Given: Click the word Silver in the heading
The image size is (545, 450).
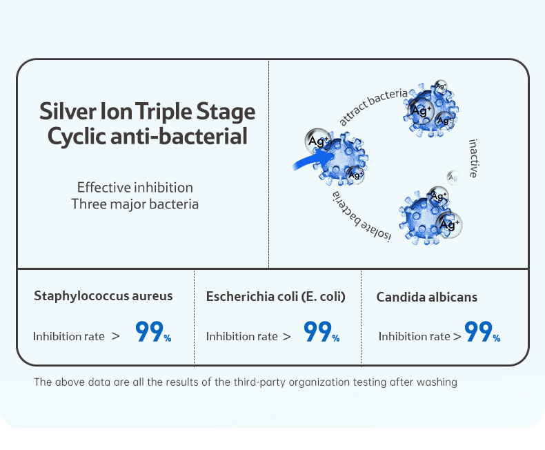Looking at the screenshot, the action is pyautogui.click(x=68, y=111).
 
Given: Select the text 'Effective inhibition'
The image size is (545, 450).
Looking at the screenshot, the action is pyautogui.click(x=135, y=188).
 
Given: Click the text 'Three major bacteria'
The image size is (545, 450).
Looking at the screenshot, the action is pyautogui.click(x=135, y=204).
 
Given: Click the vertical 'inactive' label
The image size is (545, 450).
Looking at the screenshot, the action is pyautogui.click(x=473, y=158).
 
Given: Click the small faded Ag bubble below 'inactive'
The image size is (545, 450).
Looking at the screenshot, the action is pyautogui.click(x=453, y=177).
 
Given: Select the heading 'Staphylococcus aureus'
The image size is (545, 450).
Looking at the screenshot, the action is pyautogui.click(x=103, y=296).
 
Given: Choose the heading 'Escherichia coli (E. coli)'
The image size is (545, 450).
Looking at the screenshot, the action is pyautogui.click(x=276, y=297).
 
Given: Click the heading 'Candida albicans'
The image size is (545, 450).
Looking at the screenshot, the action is pyautogui.click(x=426, y=297).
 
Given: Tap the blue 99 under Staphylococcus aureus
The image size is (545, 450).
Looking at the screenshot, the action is pyautogui.click(x=149, y=331).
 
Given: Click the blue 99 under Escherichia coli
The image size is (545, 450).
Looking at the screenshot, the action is pyautogui.click(x=317, y=331).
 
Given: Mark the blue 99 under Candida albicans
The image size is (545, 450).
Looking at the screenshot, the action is pyautogui.click(x=478, y=331).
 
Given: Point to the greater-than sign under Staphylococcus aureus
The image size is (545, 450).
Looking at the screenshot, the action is pyautogui.click(x=116, y=336).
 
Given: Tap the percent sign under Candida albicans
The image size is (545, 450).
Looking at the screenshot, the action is pyautogui.click(x=496, y=337).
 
